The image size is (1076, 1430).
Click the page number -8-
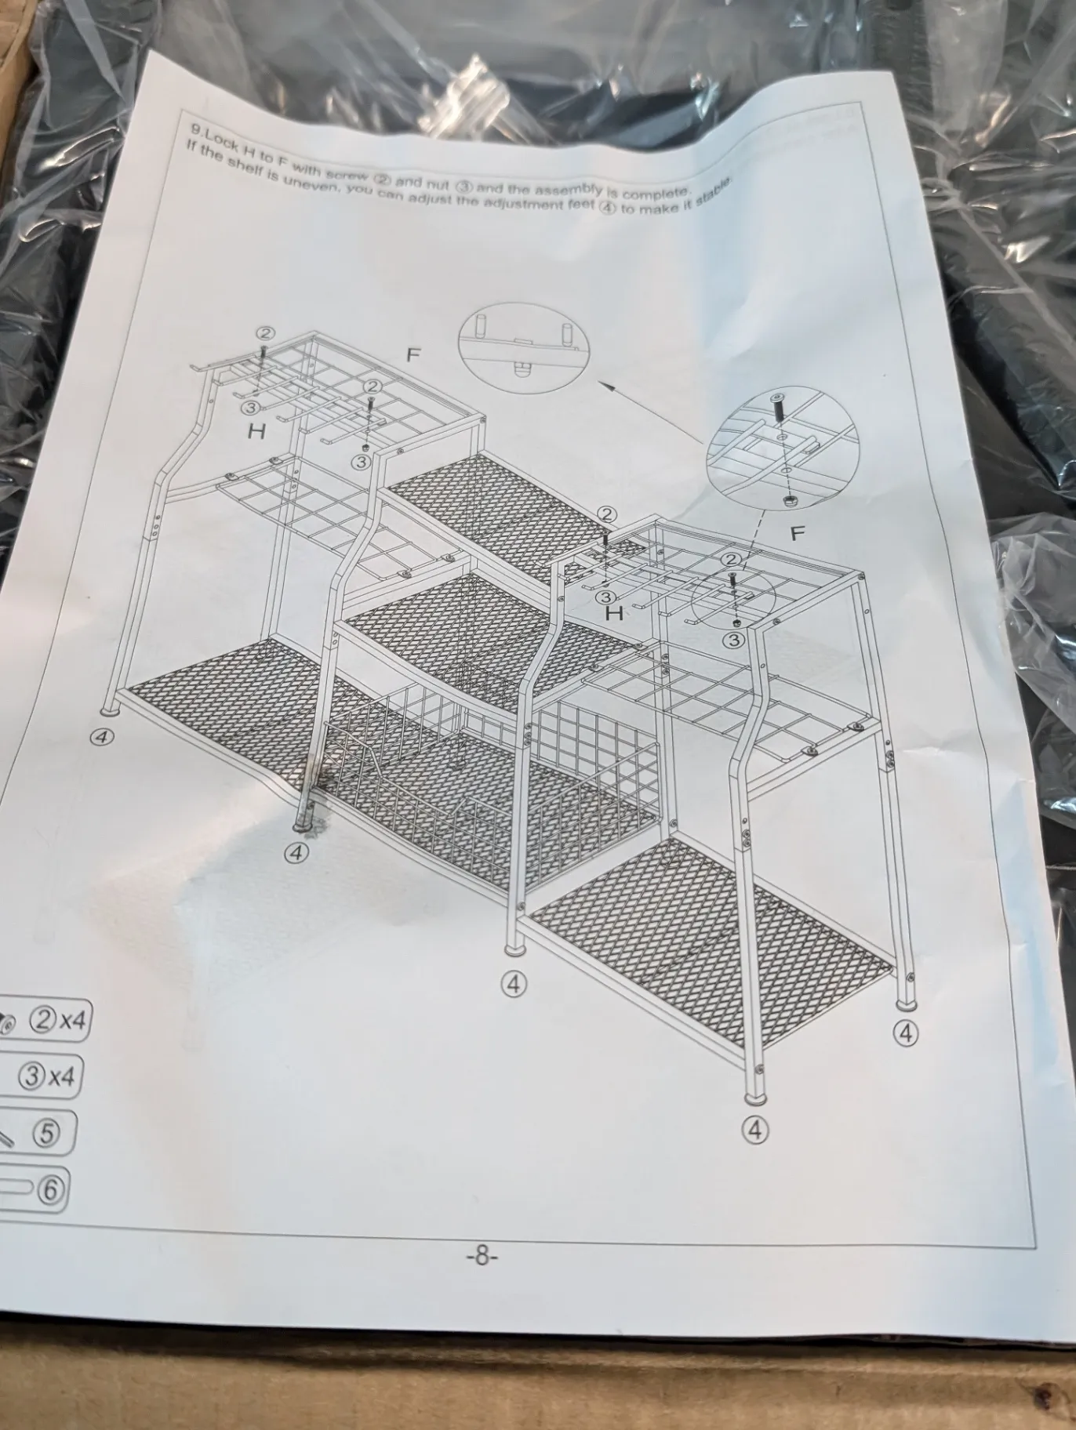coord(482,1257)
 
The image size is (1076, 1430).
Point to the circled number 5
coord(46,1133)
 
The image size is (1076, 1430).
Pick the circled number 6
coord(49,1189)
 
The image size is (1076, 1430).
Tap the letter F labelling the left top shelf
coord(413,356)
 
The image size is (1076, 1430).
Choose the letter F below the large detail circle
coord(797,534)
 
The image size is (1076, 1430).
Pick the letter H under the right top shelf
coord(615,613)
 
